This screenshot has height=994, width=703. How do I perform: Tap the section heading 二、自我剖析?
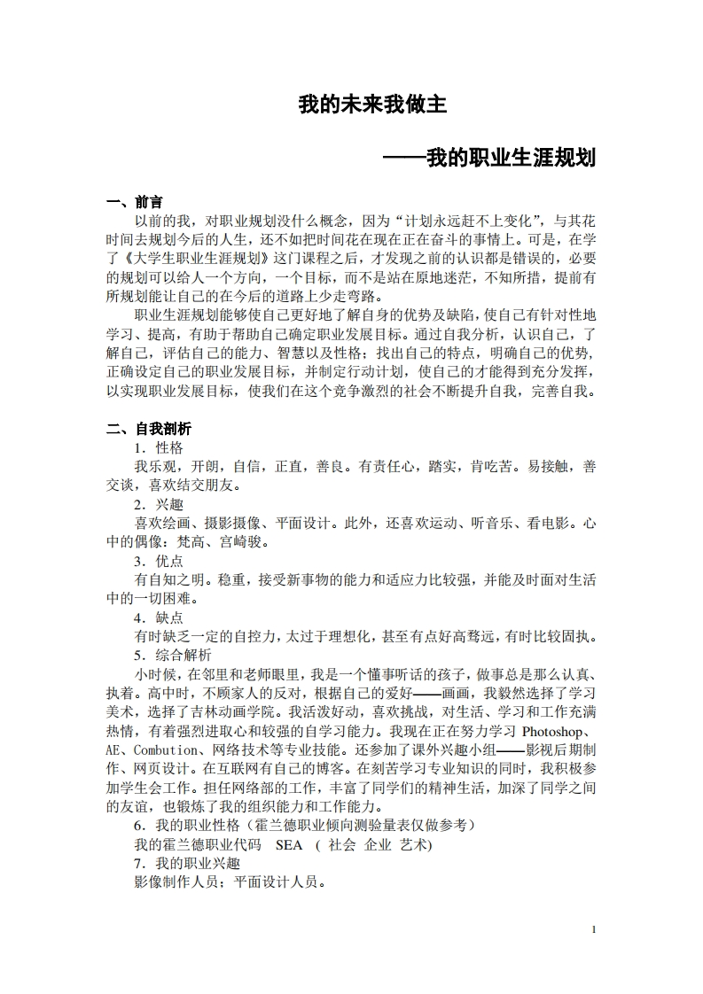click(x=148, y=429)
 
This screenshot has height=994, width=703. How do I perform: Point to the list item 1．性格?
click(x=159, y=447)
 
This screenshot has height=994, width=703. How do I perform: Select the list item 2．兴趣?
click(x=159, y=504)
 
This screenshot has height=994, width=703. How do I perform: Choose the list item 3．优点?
click(x=159, y=561)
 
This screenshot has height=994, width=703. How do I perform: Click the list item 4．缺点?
click(x=159, y=617)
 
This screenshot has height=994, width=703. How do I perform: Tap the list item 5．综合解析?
click(x=173, y=656)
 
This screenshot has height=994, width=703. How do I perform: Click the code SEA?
click(x=289, y=845)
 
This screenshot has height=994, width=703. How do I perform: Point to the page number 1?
click(x=593, y=928)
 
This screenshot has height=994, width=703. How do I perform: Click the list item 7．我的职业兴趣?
click(x=187, y=864)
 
